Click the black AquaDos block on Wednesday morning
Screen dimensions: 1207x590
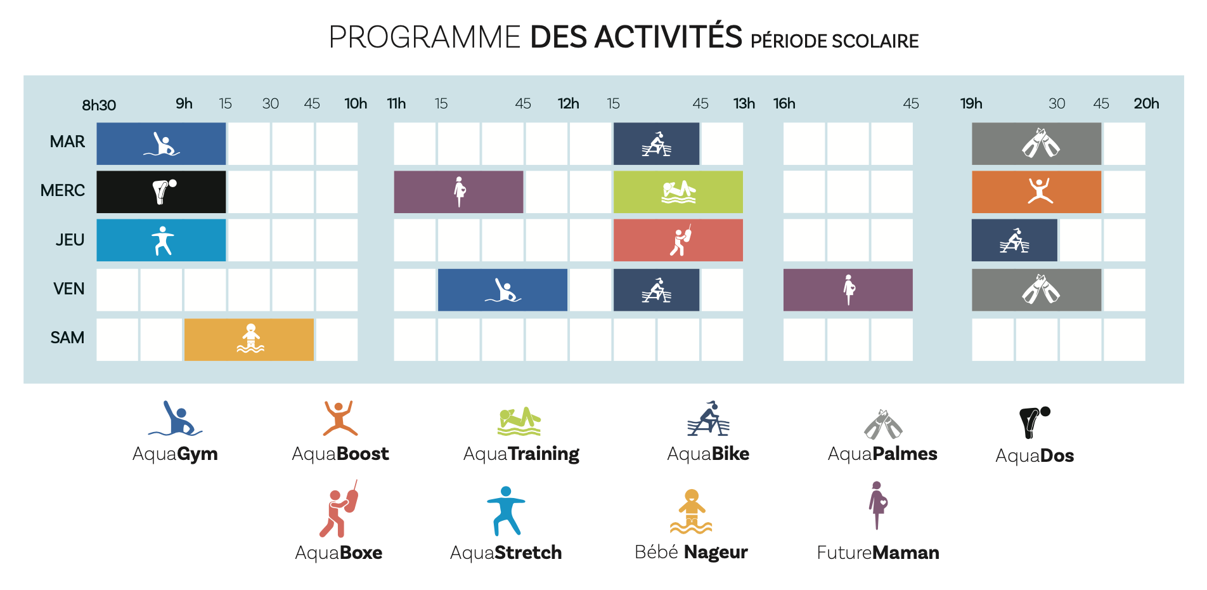click(x=161, y=192)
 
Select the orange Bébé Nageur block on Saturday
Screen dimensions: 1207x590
click(x=249, y=339)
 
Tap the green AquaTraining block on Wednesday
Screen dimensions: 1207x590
click(x=678, y=192)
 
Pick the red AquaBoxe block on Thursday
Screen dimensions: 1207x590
click(x=678, y=240)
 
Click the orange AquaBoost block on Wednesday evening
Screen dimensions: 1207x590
click(x=1036, y=192)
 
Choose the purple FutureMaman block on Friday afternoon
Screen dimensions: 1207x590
click(x=848, y=290)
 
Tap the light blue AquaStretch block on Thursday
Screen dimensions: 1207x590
click(x=161, y=240)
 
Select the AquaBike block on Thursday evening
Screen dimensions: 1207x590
click(x=1014, y=240)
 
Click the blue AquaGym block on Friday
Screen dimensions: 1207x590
click(x=503, y=290)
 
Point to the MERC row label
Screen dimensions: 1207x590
click(x=63, y=190)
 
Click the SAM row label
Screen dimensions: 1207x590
click(x=67, y=338)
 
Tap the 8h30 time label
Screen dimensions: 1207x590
click(x=99, y=105)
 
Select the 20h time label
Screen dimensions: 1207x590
click(x=1146, y=103)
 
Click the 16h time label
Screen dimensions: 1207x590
click(x=784, y=103)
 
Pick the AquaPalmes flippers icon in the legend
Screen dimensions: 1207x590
click(x=882, y=424)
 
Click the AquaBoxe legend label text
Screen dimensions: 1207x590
click(x=339, y=553)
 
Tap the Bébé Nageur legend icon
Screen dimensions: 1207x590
click(x=691, y=511)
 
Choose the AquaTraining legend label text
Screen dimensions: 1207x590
click(x=521, y=454)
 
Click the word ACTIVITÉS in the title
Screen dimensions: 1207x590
click(x=668, y=37)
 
